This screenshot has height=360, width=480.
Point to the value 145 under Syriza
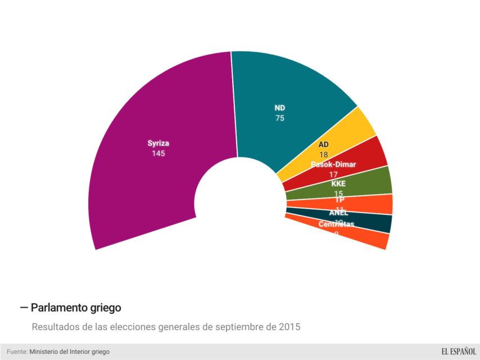[158, 154]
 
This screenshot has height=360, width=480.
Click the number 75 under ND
[279, 118]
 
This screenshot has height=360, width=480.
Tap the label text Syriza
[158, 143]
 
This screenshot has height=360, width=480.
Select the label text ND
[279, 108]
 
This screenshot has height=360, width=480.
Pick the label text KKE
[338, 184]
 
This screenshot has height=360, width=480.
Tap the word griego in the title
[105, 308]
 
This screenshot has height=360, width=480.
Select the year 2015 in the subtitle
[290, 326]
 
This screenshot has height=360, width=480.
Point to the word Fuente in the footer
[16, 352]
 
